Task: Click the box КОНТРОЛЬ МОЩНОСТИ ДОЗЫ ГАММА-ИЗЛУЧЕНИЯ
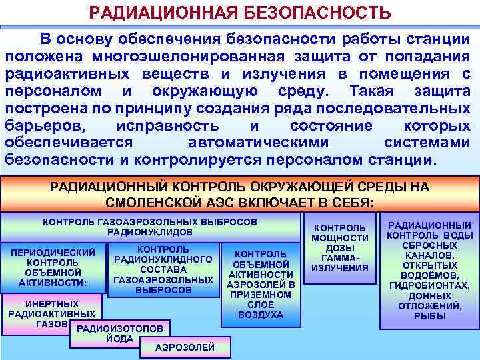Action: (x=340, y=248)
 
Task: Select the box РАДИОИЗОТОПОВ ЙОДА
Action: (x=120, y=333)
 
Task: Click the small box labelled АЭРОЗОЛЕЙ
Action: (x=185, y=347)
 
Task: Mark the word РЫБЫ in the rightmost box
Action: (x=429, y=316)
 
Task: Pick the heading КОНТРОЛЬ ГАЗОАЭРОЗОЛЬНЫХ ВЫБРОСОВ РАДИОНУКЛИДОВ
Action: (x=150, y=226)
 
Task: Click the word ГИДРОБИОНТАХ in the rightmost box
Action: (x=429, y=286)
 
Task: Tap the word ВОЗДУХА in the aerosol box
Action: (x=260, y=315)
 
